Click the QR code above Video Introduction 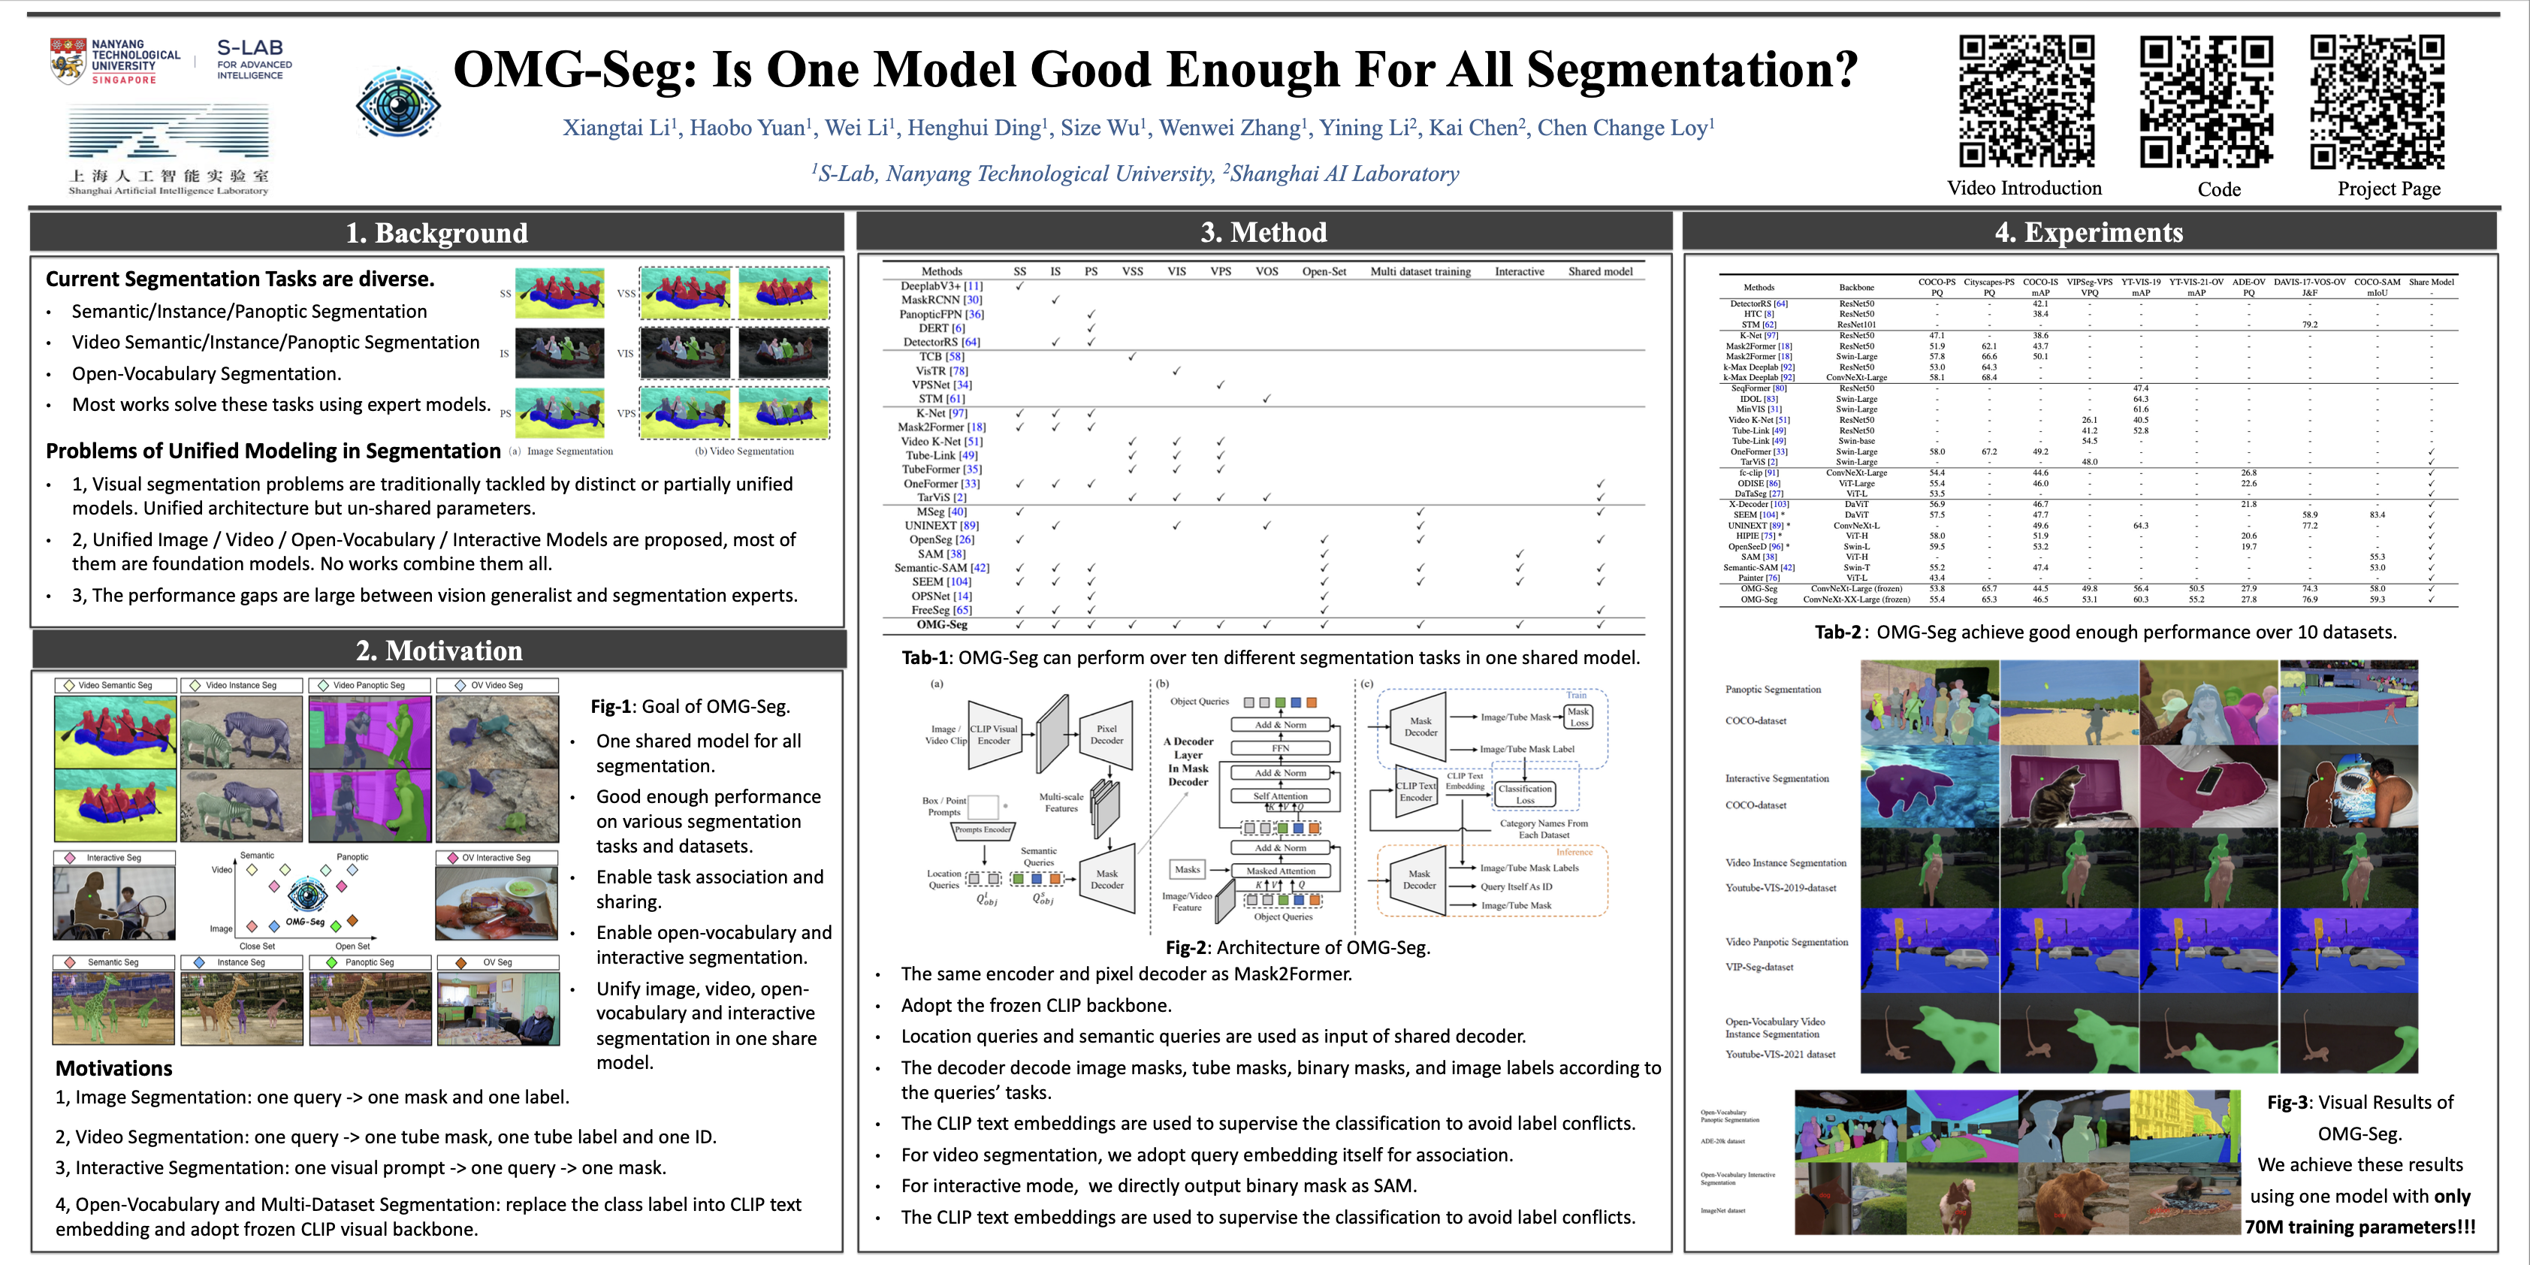pos(2025,102)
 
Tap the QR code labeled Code pos(2206,102)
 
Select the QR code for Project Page pos(2377,102)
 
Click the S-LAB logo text pos(250,49)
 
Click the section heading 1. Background pos(436,233)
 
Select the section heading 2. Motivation pos(439,651)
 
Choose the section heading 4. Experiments pos(2089,232)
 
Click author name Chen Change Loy pos(1626,128)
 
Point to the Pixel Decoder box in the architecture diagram pos(1107,735)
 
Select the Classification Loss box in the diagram pos(1524,793)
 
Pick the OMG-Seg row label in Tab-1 pos(941,625)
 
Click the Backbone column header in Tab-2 pos(1856,287)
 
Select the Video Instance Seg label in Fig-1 pos(240,686)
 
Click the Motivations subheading pos(114,1069)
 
